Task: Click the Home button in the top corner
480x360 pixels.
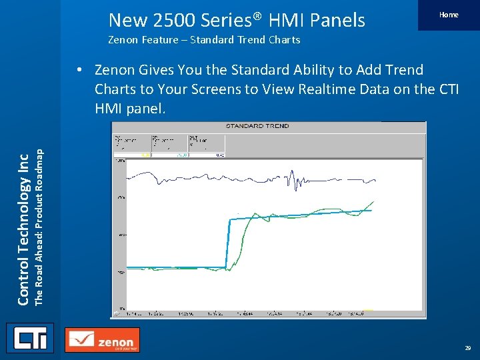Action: [449, 15]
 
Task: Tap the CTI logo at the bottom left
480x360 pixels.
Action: [30, 338]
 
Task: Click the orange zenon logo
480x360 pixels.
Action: [103, 340]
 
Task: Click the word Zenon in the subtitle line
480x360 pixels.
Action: [124, 40]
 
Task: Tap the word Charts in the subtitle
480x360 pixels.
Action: [283, 40]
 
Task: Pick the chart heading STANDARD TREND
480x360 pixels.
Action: [257, 125]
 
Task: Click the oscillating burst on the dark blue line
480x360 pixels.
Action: [291, 179]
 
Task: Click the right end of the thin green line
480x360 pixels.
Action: [374, 201]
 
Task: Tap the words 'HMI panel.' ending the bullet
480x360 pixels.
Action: [130, 108]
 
